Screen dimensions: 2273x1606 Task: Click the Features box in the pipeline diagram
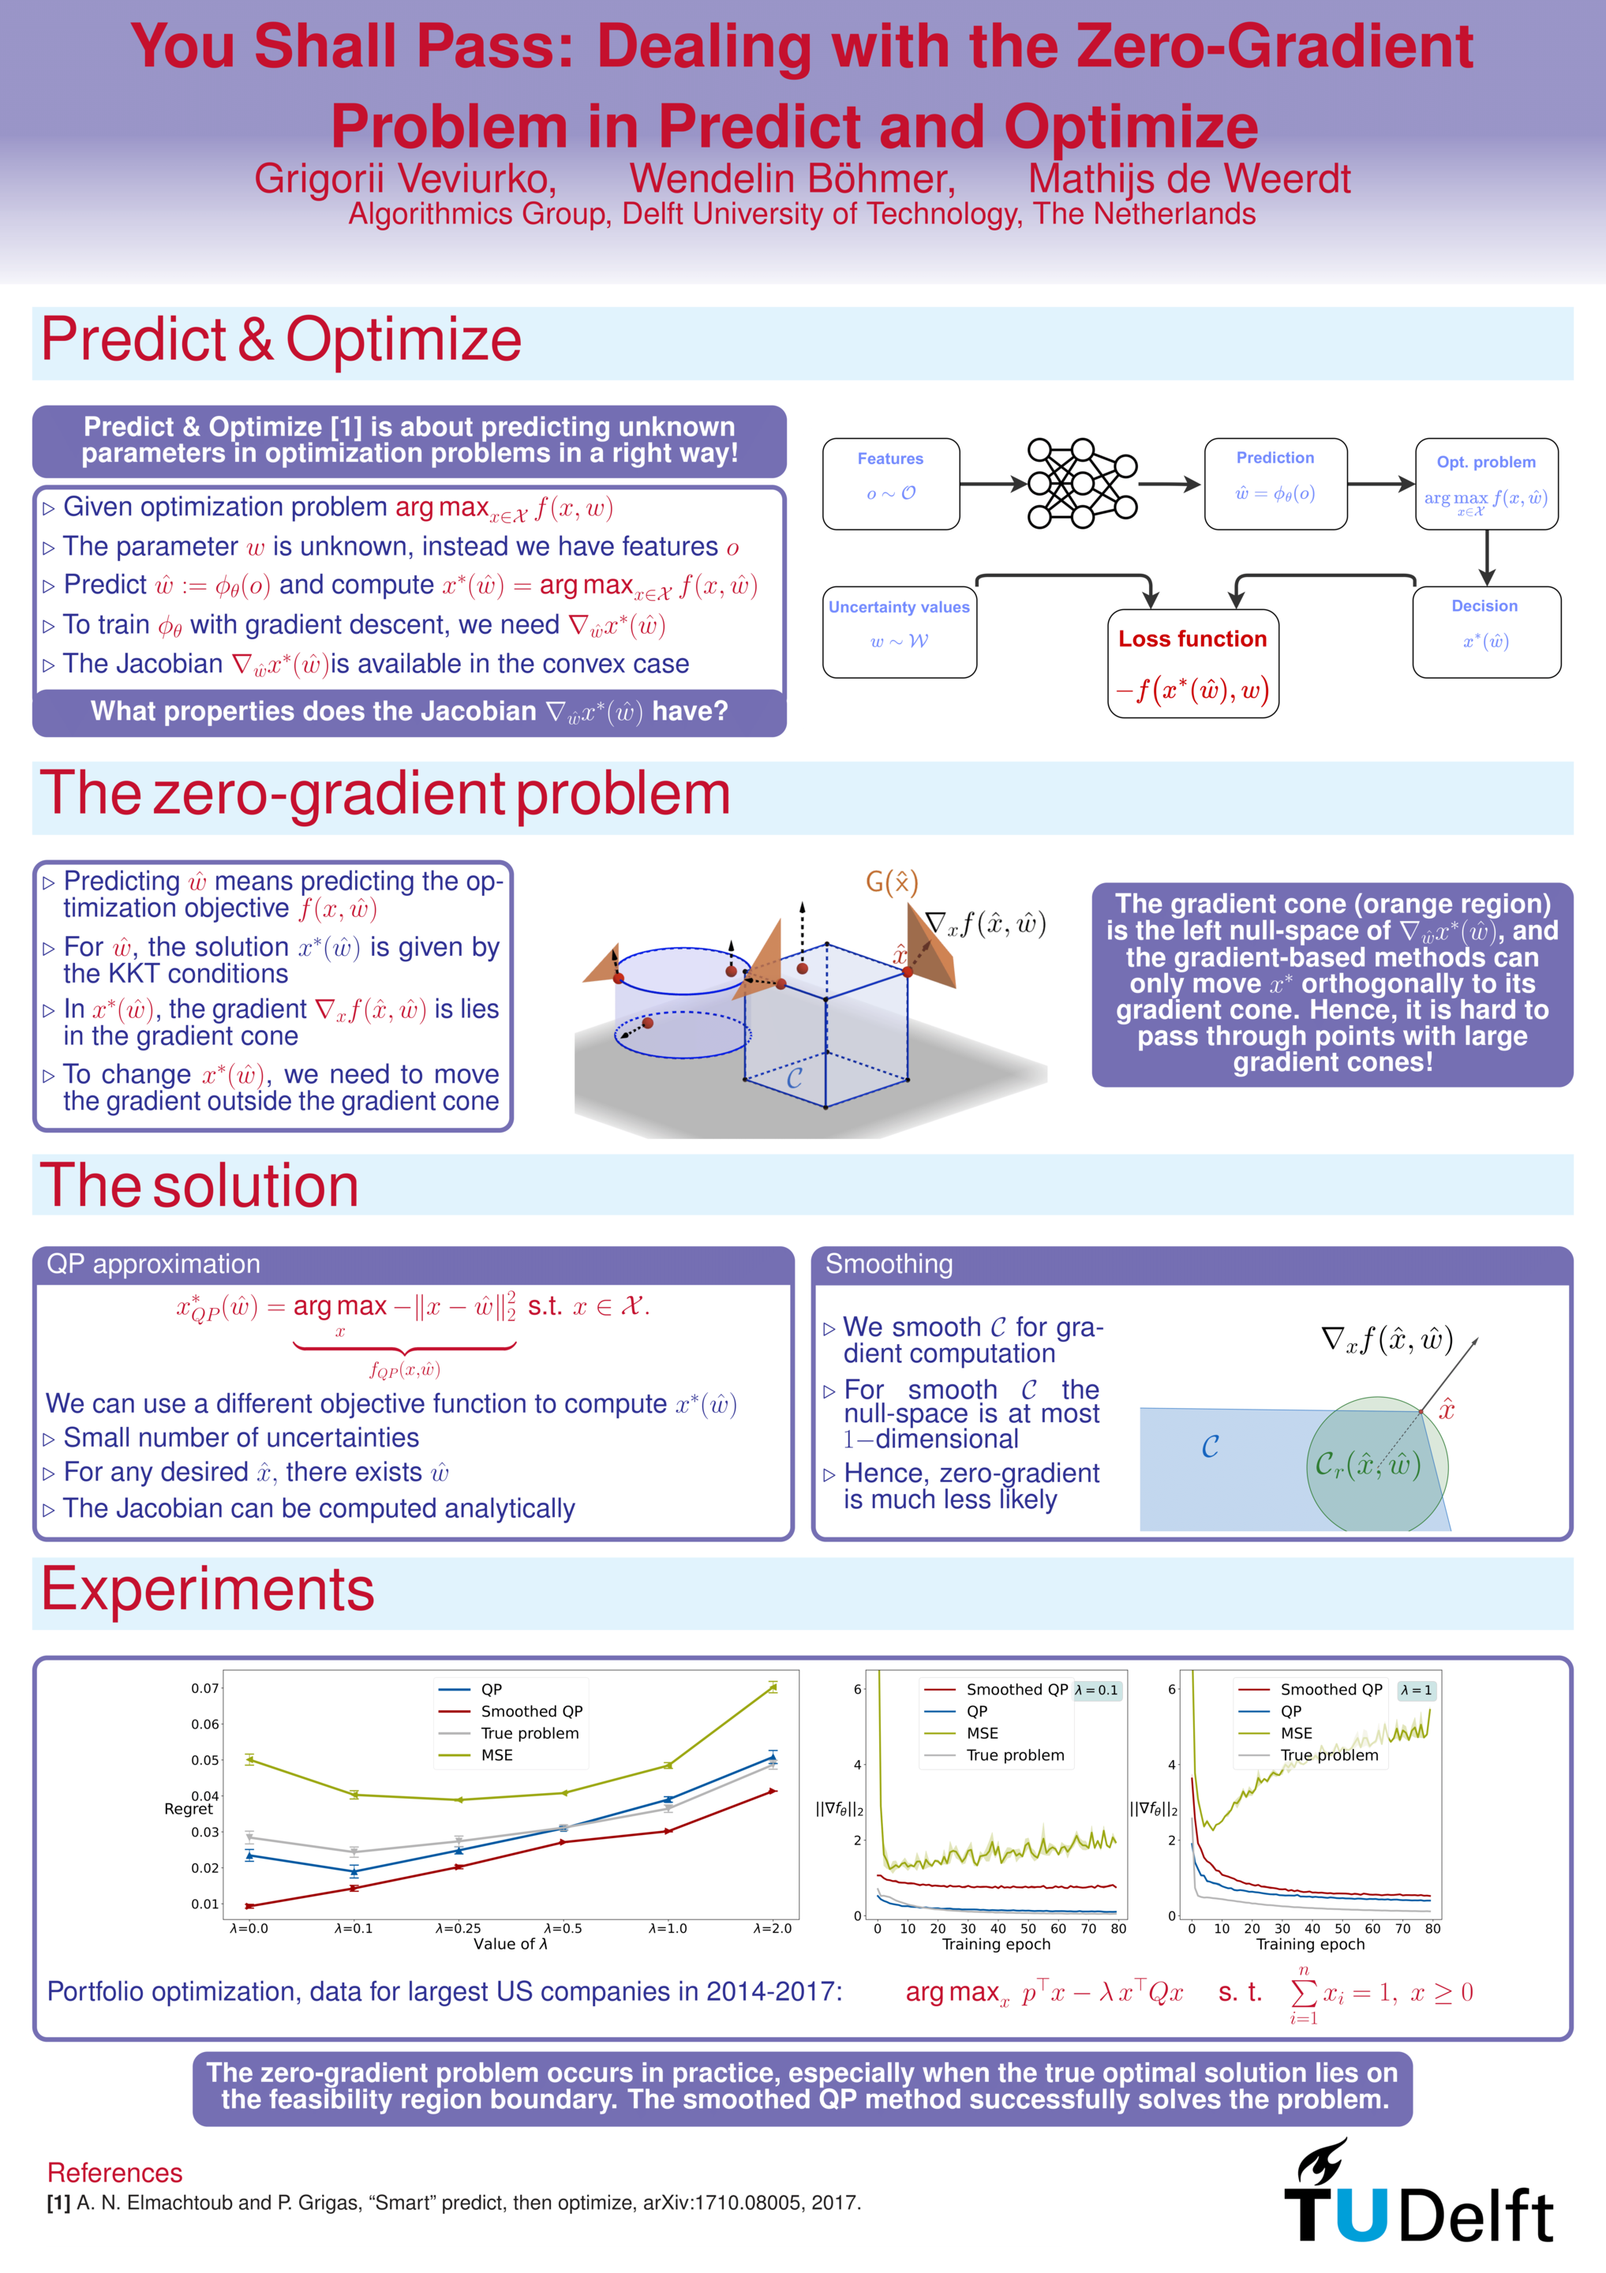click(890, 483)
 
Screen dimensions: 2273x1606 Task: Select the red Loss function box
click(1192, 663)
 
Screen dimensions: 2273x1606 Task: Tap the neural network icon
click(1081, 483)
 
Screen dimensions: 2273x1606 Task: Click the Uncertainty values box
click(899, 631)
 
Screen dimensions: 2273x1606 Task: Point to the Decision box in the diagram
click(1485, 631)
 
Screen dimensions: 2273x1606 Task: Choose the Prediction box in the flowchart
click(1275, 483)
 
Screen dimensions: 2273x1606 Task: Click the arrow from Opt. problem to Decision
click(1486, 557)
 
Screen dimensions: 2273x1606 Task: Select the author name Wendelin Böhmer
click(792, 179)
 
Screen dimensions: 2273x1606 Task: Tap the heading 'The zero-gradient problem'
click(385, 794)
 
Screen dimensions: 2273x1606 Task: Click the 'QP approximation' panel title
click(153, 1264)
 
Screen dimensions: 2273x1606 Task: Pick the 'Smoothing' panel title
click(889, 1264)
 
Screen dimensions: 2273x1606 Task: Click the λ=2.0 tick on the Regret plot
click(773, 1928)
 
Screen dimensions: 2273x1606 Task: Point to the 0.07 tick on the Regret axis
click(205, 1688)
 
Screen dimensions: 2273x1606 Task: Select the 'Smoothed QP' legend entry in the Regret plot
click(530, 1711)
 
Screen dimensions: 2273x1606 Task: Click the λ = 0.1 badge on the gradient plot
click(1096, 1690)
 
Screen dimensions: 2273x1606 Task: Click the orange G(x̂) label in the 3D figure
click(891, 882)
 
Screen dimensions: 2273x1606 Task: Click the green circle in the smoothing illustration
click(1376, 1463)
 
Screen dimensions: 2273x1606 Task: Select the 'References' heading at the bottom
click(115, 2172)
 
